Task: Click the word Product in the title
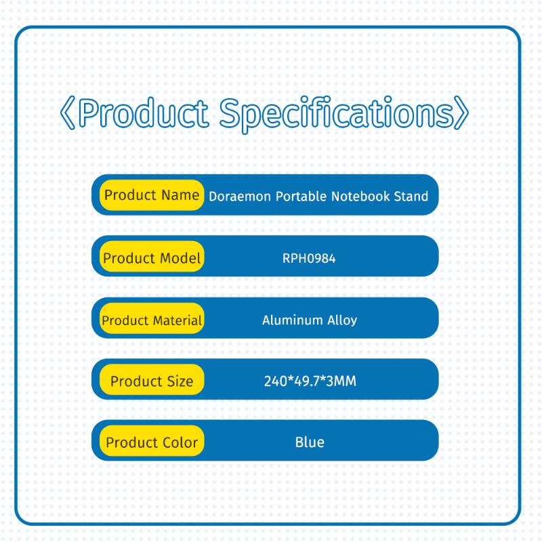click(x=144, y=112)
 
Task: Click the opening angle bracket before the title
click(x=67, y=113)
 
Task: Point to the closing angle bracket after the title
click(x=461, y=112)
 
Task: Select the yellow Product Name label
click(x=152, y=195)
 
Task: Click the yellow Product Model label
click(x=152, y=257)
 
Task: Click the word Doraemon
click(x=240, y=196)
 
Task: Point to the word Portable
click(x=301, y=196)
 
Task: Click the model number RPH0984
click(x=309, y=258)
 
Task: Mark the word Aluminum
click(x=293, y=320)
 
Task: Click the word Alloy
click(x=342, y=320)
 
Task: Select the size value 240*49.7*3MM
click(x=310, y=381)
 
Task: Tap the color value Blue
click(x=310, y=442)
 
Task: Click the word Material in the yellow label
click(x=177, y=320)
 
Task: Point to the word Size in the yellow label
click(x=180, y=381)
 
